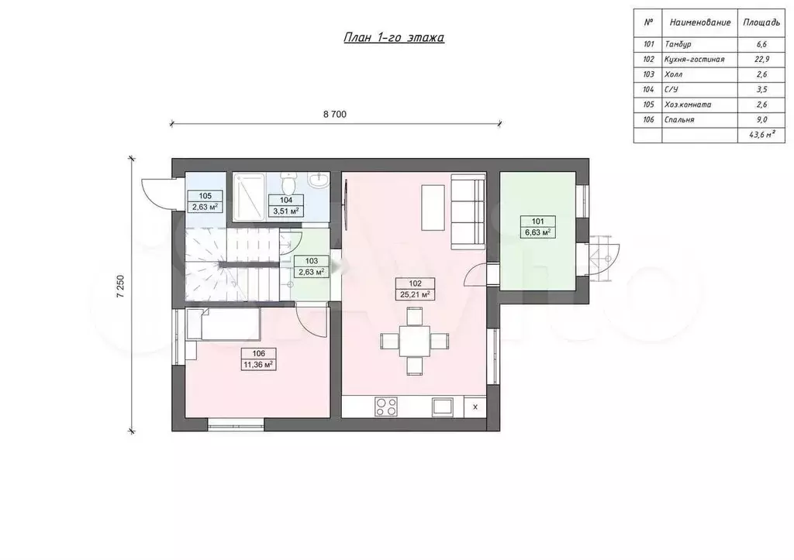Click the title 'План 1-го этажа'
(393, 37)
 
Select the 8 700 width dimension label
(335, 115)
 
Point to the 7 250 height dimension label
(120, 286)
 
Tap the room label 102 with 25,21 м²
(415, 289)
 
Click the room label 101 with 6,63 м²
(537, 227)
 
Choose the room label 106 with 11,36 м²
(258, 359)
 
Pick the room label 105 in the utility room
(205, 201)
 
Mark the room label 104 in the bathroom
(286, 206)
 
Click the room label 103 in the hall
(312, 266)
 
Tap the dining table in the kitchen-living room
(414, 342)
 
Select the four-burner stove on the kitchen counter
(386, 407)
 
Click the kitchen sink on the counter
(443, 407)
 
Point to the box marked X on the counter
(475, 407)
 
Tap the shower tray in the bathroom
(249, 196)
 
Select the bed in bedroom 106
(223, 325)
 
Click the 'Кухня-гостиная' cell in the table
(694, 59)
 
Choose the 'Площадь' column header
(761, 22)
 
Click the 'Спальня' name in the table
(679, 120)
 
